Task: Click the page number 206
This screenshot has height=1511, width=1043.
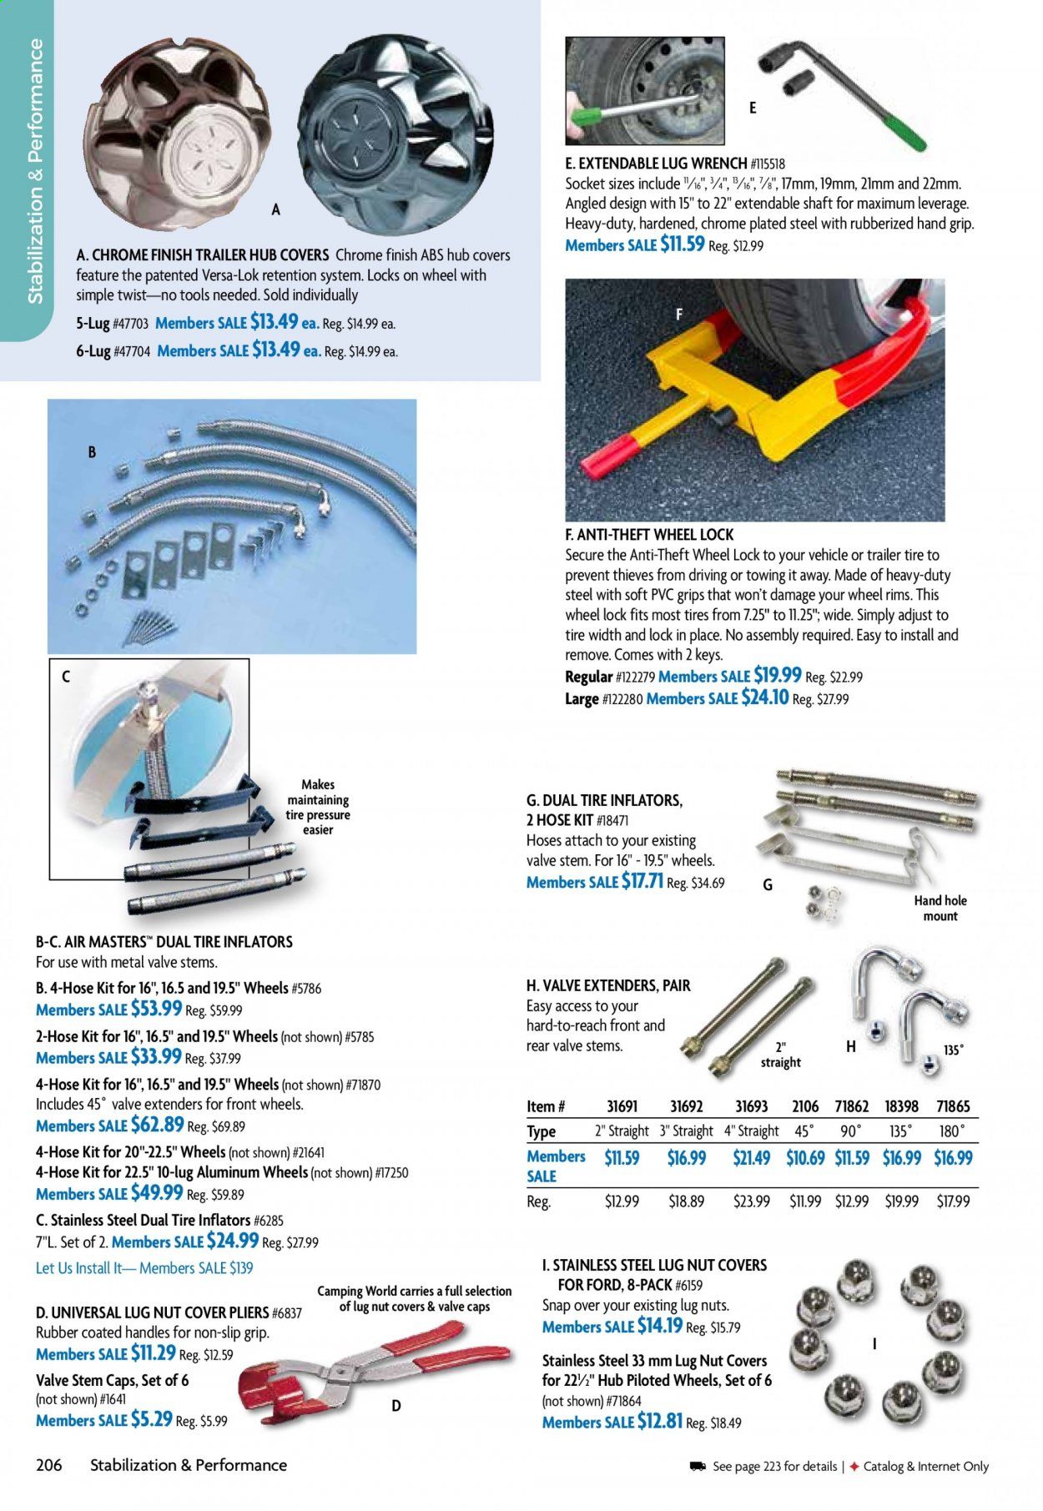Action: click(49, 1464)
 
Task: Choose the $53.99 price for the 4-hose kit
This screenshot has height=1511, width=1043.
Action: click(156, 1008)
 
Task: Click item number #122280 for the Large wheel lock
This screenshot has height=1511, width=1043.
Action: click(621, 699)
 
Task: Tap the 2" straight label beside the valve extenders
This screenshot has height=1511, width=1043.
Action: click(780, 1055)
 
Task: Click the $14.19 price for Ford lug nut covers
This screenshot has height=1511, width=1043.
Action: click(659, 1326)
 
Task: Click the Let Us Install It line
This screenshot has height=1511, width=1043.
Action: click(144, 1268)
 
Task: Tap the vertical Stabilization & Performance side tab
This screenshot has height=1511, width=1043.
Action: click(36, 171)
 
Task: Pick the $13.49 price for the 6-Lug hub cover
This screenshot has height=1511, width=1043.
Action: click(275, 350)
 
